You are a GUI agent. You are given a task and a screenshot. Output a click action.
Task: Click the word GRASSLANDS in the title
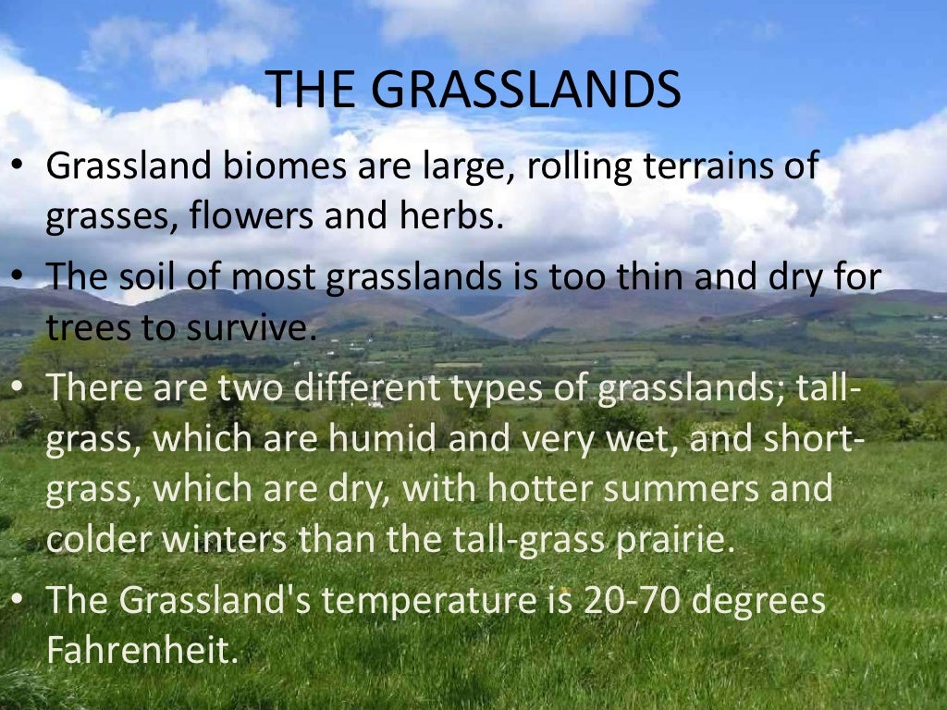tap(531, 90)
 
